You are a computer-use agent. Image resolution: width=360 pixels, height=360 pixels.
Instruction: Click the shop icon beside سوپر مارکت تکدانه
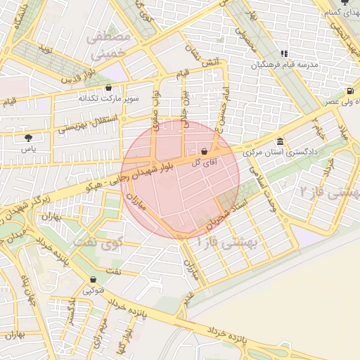[108, 88]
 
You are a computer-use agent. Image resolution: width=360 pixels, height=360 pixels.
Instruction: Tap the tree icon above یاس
[27, 139]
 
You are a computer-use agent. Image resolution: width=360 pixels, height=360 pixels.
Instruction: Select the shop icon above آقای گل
[204, 151]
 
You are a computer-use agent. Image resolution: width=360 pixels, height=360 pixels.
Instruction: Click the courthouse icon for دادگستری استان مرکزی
[281, 141]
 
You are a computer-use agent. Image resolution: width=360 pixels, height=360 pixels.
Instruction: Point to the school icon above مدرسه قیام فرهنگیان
[283, 53]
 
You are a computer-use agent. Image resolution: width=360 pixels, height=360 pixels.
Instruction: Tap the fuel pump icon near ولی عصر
[349, 91]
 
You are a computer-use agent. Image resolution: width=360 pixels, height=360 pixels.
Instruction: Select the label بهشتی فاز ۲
[329, 191]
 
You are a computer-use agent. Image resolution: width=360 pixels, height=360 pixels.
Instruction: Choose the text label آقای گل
[205, 162]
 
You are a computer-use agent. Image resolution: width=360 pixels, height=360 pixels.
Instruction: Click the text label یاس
[27, 150]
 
